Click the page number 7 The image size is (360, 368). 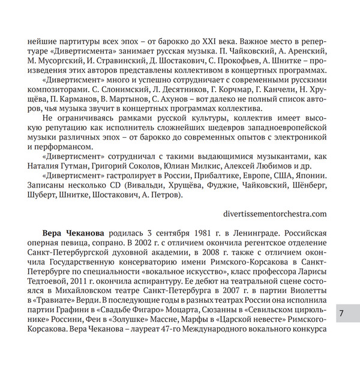(341, 313)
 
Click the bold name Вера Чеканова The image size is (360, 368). (73, 232)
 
